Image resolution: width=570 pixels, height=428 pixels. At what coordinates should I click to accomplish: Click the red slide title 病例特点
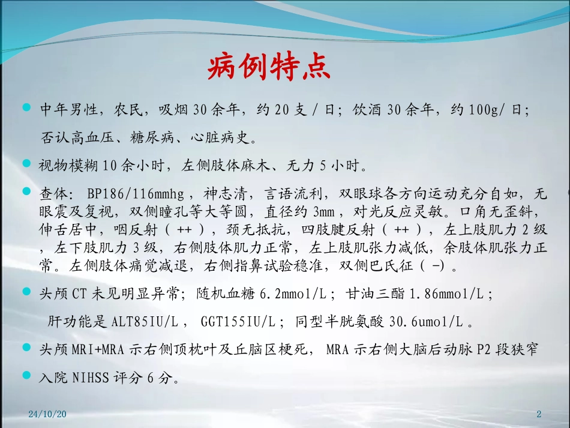point(269,68)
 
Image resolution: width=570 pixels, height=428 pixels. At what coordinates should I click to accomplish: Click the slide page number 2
point(538,414)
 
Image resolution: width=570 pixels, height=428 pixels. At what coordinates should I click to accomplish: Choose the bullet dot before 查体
point(26,191)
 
